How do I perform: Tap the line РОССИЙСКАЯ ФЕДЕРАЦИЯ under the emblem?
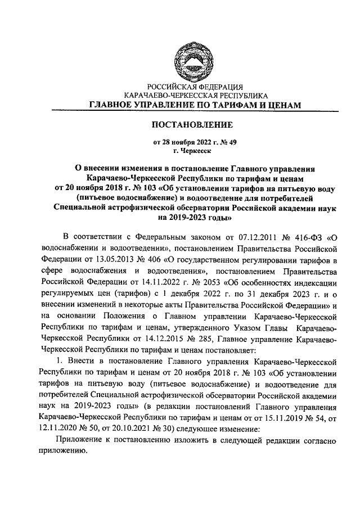click(192, 87)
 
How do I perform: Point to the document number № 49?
click(221, 142)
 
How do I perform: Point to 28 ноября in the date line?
click(179, 142)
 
